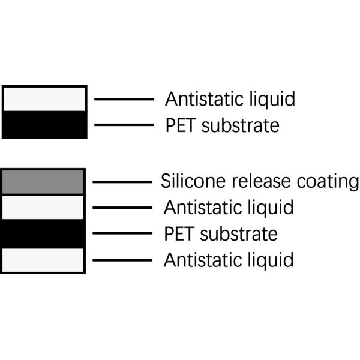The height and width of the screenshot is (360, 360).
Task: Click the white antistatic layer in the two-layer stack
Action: (45, 98)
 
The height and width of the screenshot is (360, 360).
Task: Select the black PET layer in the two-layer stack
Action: (45, 124)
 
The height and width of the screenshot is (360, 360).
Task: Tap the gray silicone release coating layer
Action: (43, 182)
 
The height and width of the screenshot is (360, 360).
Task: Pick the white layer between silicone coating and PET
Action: (43, 208)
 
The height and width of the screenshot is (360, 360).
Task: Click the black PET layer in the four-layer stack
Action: (43, 233)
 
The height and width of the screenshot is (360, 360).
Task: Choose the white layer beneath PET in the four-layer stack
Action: (43, 260)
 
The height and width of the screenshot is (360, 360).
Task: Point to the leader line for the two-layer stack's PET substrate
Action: (124, 125)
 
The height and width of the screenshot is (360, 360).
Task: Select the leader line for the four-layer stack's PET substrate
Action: (122, 233)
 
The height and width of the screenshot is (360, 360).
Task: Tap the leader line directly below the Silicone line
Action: (122, 208)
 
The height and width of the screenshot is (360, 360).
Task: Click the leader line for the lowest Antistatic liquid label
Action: (122, 260)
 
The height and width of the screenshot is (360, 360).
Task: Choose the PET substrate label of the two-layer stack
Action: (222, 125)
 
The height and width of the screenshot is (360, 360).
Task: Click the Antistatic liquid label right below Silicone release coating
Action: (229, 208)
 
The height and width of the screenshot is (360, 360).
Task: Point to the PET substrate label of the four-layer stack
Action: (220, 233)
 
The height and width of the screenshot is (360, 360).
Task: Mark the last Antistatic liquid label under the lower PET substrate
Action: (229, 260)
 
